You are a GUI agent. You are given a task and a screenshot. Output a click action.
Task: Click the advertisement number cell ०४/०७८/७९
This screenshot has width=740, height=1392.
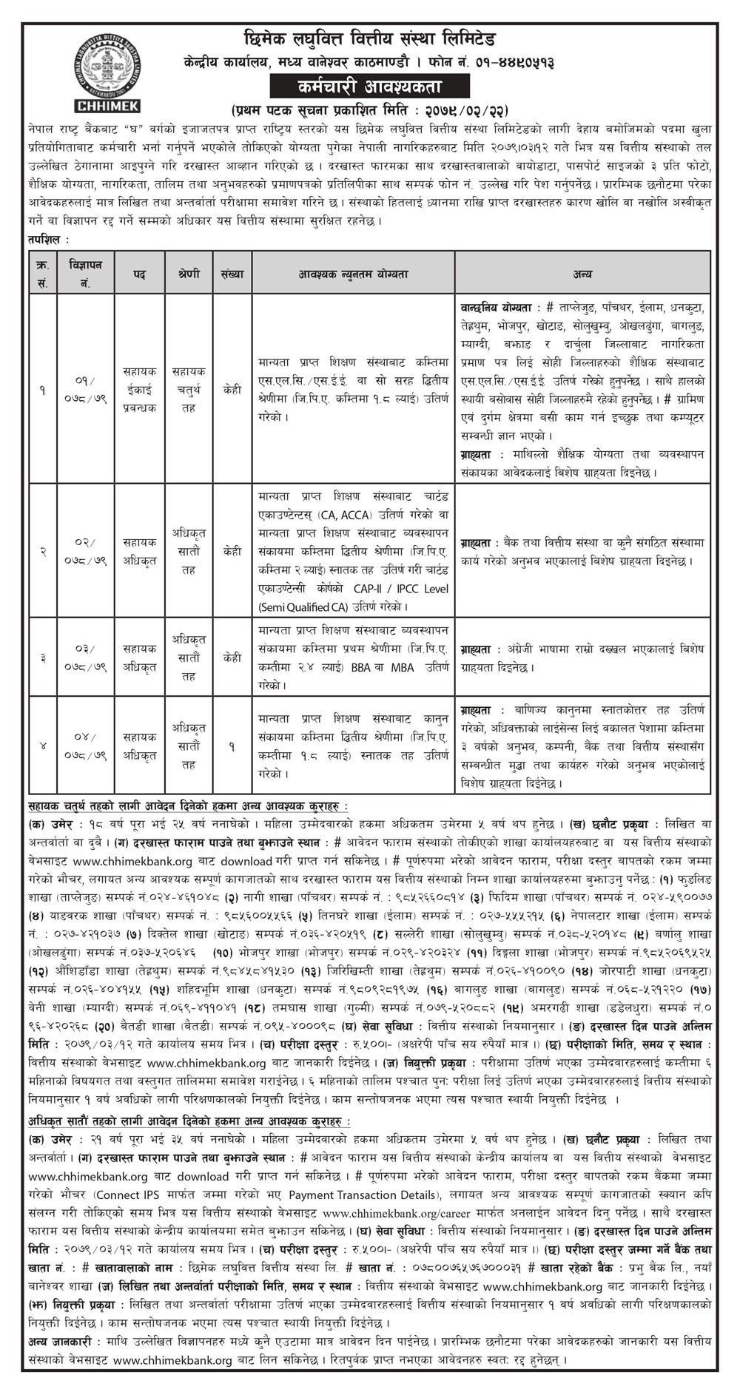click(x=85, y=745)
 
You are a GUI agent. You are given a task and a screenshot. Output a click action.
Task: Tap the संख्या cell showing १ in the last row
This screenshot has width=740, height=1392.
click(x=232, y=745)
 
